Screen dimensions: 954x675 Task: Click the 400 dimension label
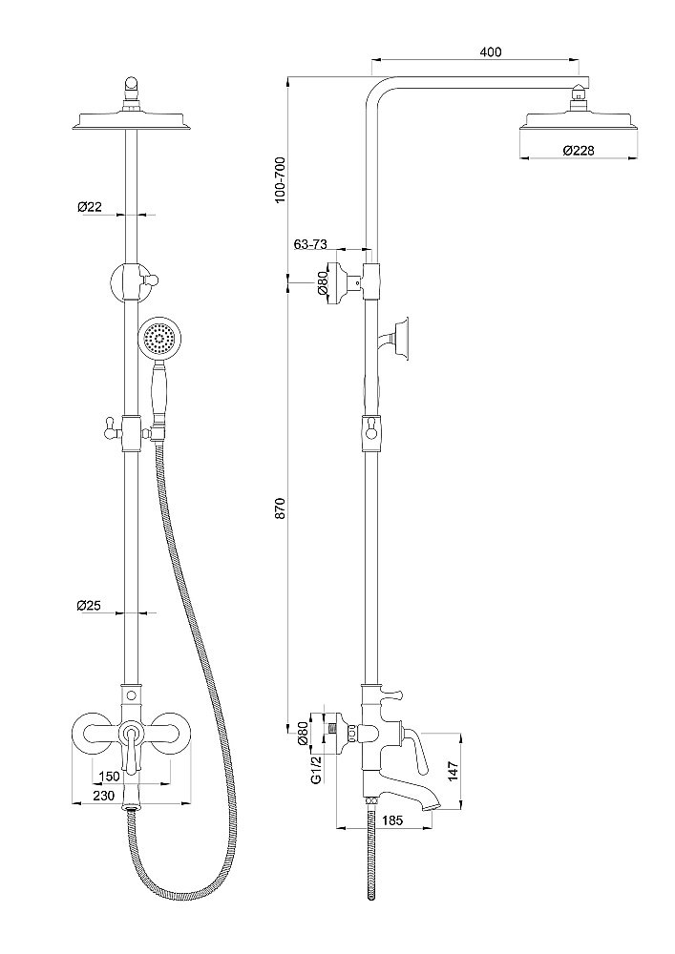click(x=491, y=52)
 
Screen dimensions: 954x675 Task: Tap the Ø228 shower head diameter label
click(x=580, y=151)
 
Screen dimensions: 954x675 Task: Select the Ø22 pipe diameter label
click(x=90, y=206)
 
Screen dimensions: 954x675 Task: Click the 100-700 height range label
click(x=280, y=178)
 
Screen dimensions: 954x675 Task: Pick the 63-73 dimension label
click(x=311, y=245)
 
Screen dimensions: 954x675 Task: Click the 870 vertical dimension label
click(x=280, y=508)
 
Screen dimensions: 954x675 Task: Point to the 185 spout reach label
click(x=390, y=819)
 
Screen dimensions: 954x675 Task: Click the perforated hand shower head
click(x=158, y=340)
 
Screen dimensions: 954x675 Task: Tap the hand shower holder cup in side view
click(x=405, y=336)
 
